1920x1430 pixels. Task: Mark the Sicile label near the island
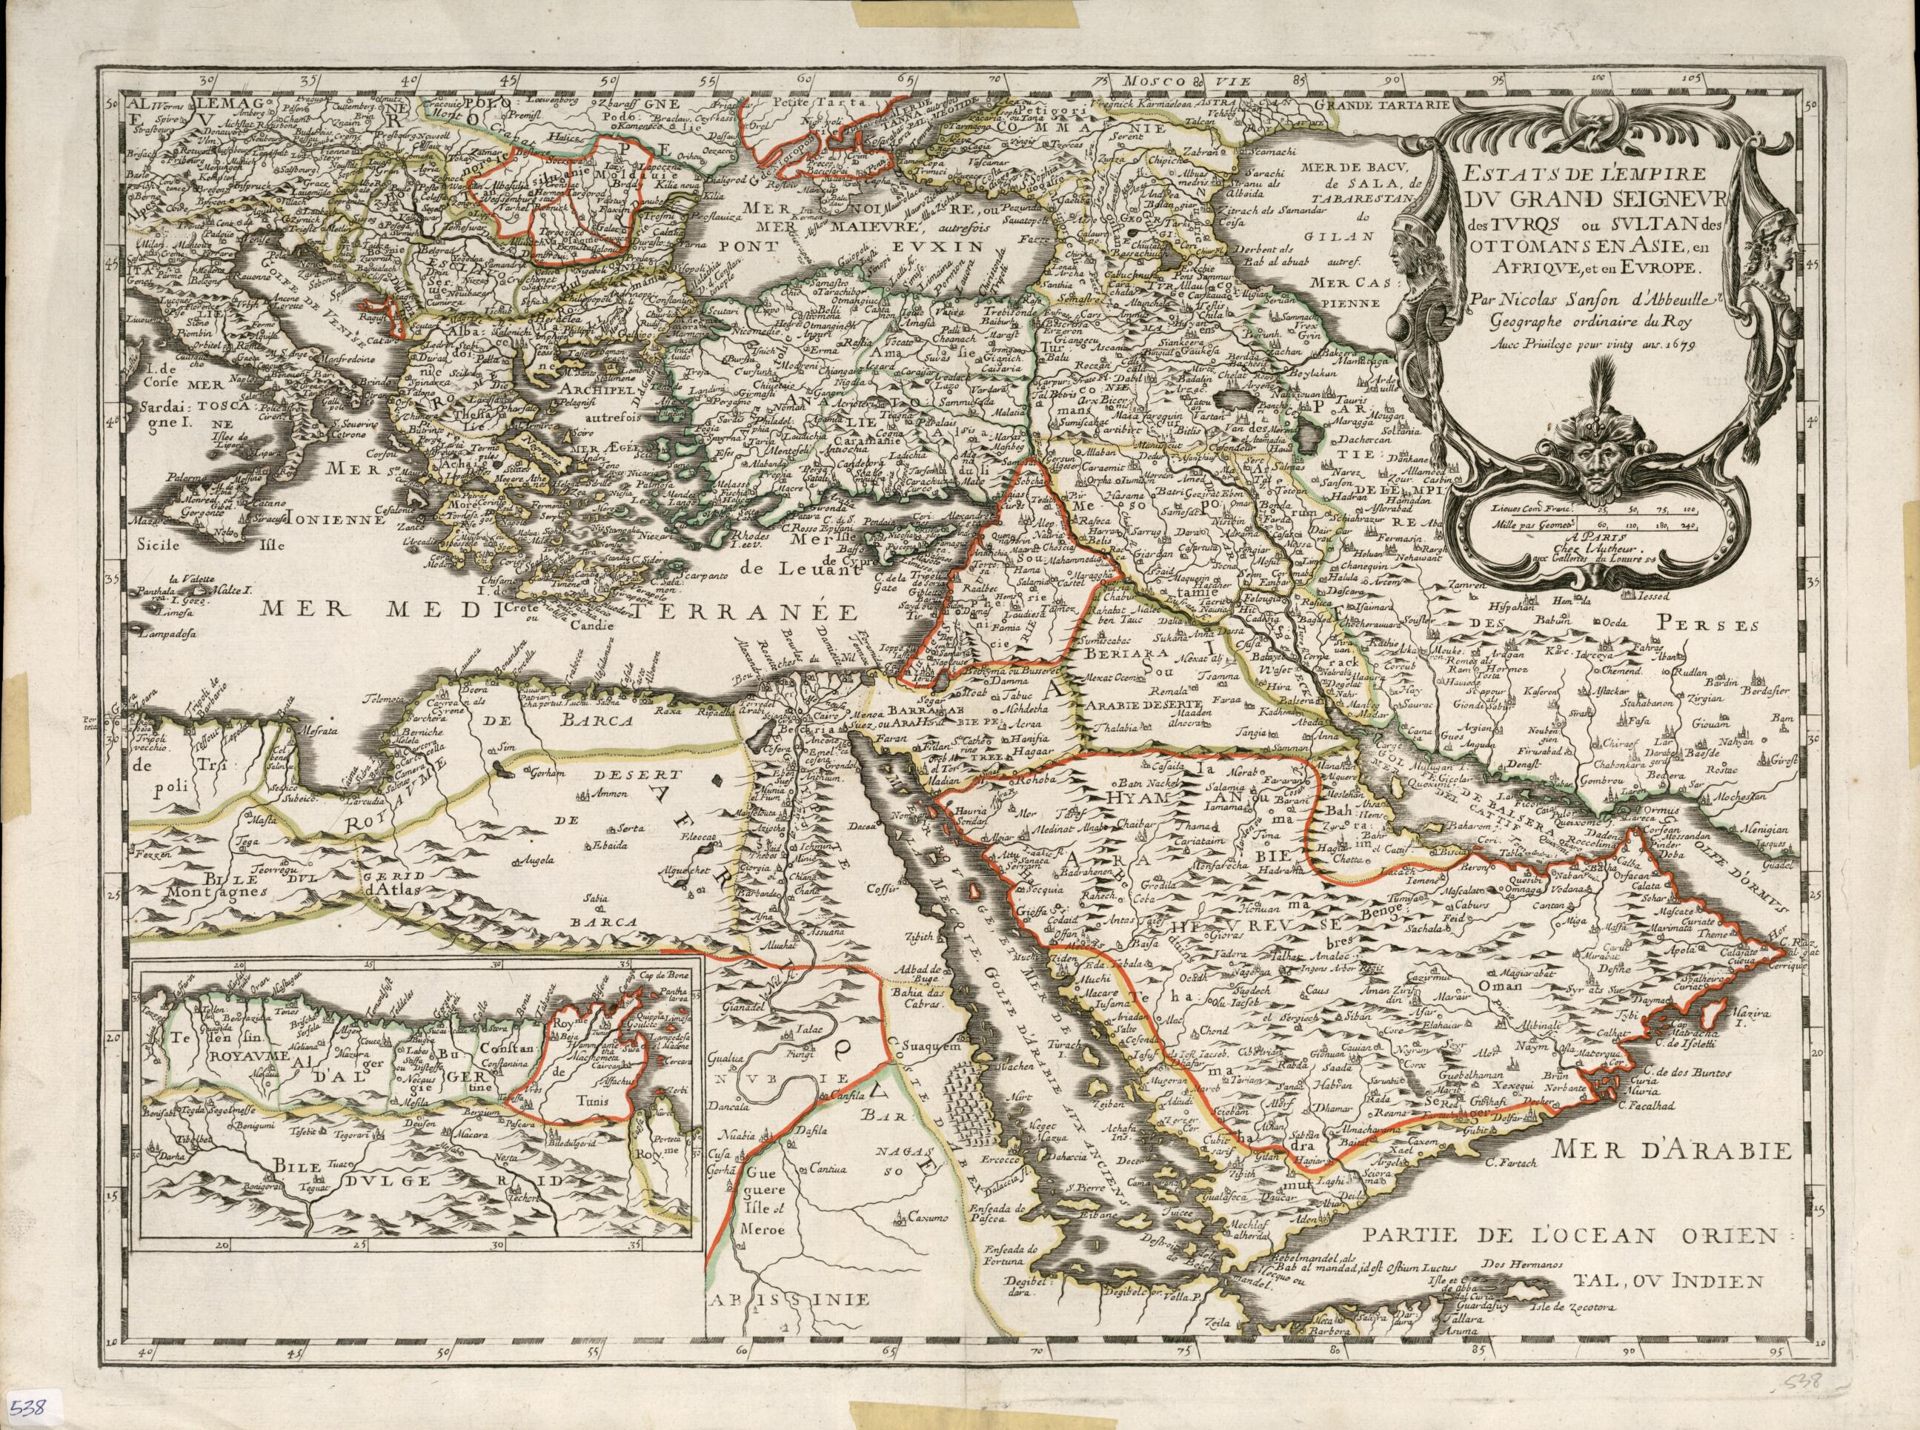coord(170,546)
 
